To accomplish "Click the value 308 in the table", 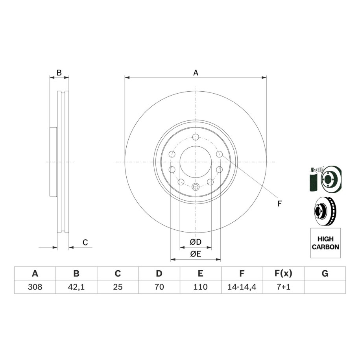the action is tap(35, 287).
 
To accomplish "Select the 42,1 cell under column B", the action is tap(76, 287).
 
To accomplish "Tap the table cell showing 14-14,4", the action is tap(242, 287).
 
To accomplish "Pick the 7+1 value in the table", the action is tap(283, 287).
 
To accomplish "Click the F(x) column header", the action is tap(283, 273).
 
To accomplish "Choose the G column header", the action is tap(325, 273).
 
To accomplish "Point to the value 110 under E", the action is tap(200, 287).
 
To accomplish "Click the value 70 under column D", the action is tap(159, 287).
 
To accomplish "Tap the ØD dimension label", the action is tap(196, 242).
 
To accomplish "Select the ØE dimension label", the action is tap(196, 254).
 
